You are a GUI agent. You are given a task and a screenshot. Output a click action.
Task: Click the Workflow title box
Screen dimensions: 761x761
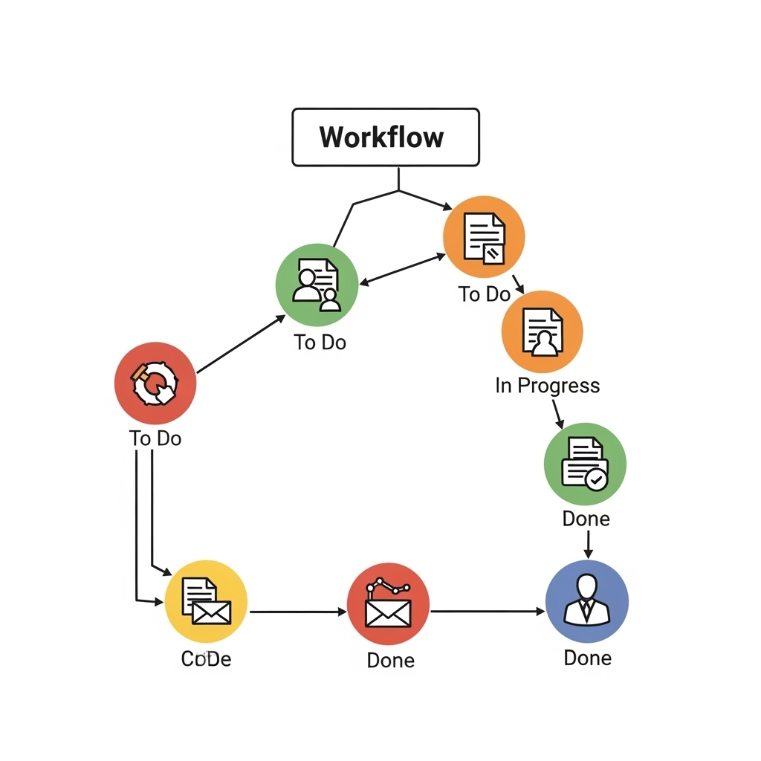coord(385,137)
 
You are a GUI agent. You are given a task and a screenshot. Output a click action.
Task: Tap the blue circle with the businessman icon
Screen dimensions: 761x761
coord(587,601)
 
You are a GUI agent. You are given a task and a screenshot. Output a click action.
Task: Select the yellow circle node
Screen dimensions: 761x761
coord(206,601)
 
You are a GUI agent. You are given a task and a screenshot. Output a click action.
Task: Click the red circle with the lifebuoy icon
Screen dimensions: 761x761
coord(155,383)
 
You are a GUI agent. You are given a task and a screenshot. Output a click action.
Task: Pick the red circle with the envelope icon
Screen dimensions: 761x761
coord(389,603)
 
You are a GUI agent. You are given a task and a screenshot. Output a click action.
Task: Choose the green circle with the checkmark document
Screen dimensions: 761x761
coord(586,464)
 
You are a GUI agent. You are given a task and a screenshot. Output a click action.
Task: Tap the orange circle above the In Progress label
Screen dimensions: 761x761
coord(543,331)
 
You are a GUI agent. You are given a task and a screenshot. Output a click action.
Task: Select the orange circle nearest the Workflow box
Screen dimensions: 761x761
coord(484,237)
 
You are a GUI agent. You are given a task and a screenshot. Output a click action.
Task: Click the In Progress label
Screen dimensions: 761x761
coord(548,386)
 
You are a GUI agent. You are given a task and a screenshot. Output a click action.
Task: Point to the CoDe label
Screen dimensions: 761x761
coord(206,659)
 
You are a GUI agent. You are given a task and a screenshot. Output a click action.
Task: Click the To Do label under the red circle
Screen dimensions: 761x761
coord(155,438)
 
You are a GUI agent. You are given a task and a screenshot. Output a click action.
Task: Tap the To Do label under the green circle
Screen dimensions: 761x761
coord(320,343)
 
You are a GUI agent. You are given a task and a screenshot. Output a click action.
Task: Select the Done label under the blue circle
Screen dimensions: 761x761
coord(587,658)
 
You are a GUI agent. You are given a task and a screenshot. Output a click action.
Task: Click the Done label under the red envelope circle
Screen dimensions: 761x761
coord(390,660)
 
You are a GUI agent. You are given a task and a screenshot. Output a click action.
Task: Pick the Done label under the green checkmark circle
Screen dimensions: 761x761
coord(586,519)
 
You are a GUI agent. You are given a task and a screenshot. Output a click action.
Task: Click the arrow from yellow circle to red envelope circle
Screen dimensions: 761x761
coord(297,612)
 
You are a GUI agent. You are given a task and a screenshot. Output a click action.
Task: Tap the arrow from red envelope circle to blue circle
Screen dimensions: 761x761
coord(488,612)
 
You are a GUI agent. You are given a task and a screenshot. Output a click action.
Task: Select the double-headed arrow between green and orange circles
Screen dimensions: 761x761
coord(402,270)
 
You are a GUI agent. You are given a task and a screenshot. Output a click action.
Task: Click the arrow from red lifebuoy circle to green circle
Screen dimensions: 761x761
coord(240,343)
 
